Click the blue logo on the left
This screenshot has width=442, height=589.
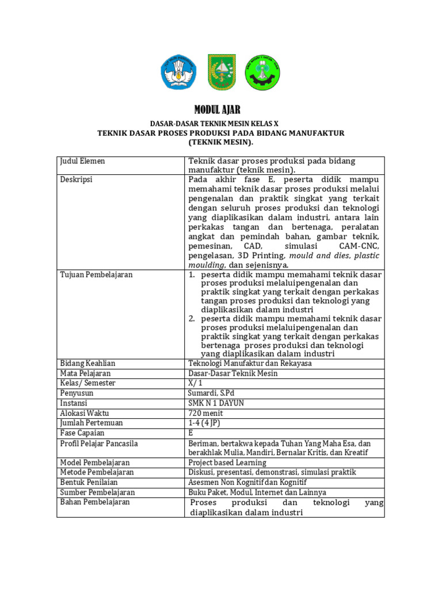pos(178,73)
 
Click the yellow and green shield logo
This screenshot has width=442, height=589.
pos(221,72)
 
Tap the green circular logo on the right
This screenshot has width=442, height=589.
pos(263,73)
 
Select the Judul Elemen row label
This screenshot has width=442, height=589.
pos(83,161)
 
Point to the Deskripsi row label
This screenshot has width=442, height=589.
pos(77,179)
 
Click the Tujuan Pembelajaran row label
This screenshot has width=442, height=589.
pos(96,274)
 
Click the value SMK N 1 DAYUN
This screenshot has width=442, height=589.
pos(216,403)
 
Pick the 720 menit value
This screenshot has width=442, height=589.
pos(205,413)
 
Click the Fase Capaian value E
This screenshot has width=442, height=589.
pos(191,433)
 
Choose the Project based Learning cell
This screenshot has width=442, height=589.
pos(227,462)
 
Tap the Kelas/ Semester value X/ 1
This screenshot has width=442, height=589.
pos(196,383)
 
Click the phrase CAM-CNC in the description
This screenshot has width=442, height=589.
pos(359,246)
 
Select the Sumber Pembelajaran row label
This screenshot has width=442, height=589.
pos(97,492)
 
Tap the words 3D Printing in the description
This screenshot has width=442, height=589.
pos(260,255)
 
